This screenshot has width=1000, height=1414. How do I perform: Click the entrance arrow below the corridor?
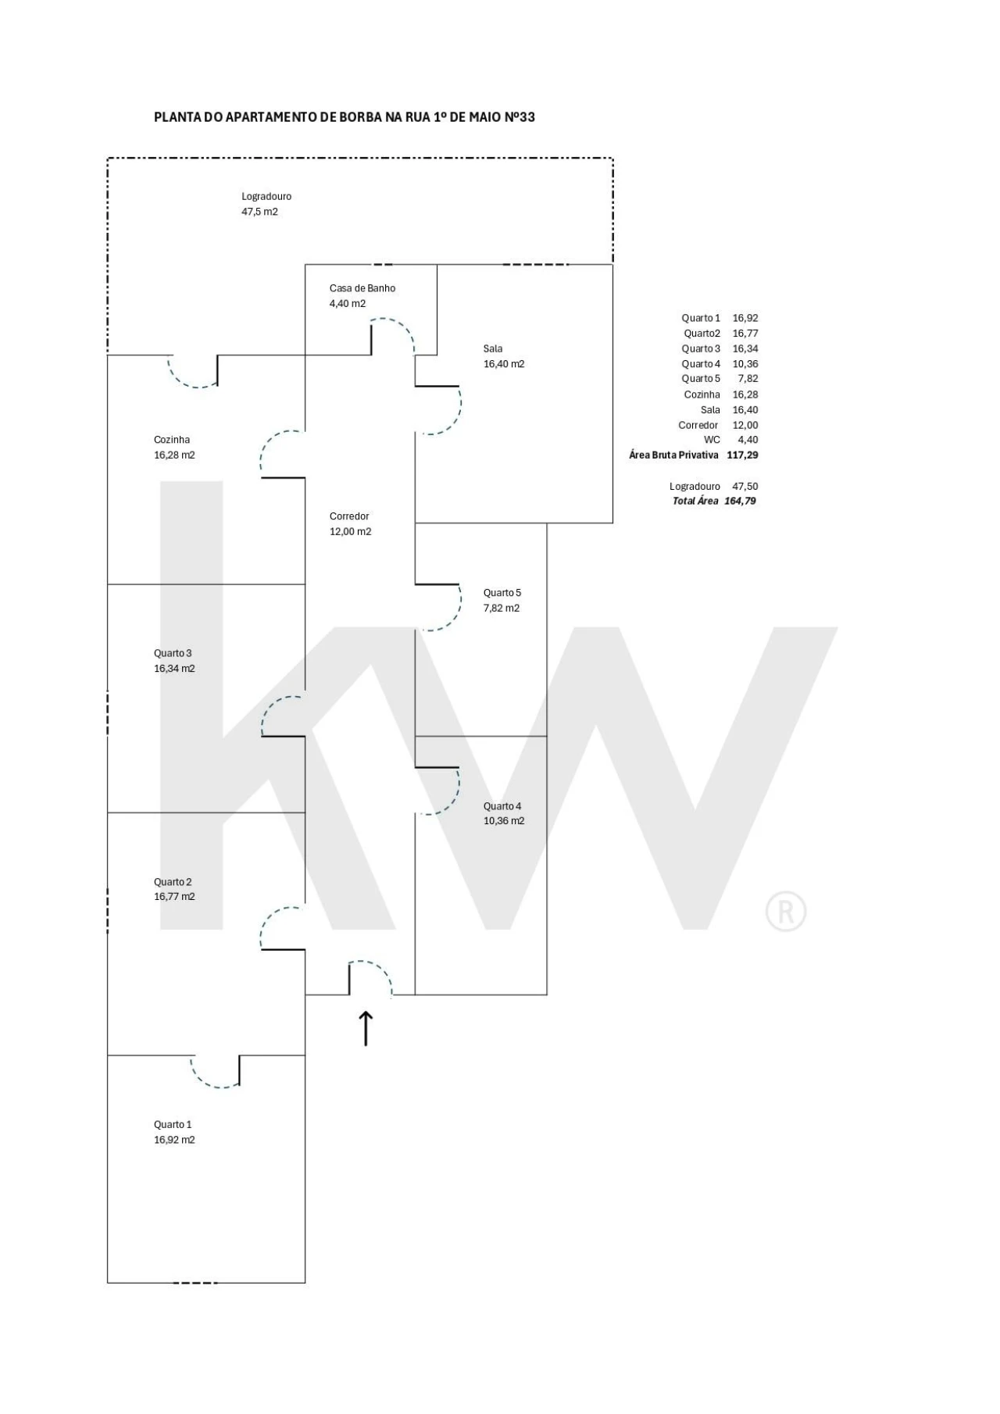pos(366,1028)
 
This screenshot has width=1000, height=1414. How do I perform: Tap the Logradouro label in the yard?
pos(266,197)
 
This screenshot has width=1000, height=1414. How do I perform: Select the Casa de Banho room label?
pos(362,288)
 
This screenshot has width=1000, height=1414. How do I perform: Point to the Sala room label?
pos(493,349)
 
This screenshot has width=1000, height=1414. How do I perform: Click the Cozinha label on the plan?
pos(172,440)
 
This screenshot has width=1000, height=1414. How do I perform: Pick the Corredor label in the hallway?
pos(349,516)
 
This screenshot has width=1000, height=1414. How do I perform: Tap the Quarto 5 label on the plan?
pos(502,593)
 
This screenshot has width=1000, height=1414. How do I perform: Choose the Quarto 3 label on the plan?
pos(173,653)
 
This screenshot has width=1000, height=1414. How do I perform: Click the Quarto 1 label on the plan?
pos(173,1125)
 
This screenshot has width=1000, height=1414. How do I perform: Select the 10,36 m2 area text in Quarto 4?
pos(504,821)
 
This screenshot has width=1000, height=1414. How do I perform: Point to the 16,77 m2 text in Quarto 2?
pos(174,897)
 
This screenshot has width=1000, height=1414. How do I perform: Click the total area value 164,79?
pos(740,502)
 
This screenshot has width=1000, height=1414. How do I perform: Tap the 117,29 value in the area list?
pos(742,455)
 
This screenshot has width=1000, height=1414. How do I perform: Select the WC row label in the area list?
pos(712,440)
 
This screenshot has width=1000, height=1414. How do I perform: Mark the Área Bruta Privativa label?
pos(673,455)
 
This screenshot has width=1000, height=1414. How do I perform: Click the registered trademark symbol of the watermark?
pos(786,912)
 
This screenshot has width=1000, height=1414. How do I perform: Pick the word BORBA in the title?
pos(360,117)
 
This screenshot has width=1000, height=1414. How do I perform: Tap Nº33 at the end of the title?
pos(520,117)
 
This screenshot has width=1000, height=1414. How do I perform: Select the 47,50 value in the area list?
pos(745,487)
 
